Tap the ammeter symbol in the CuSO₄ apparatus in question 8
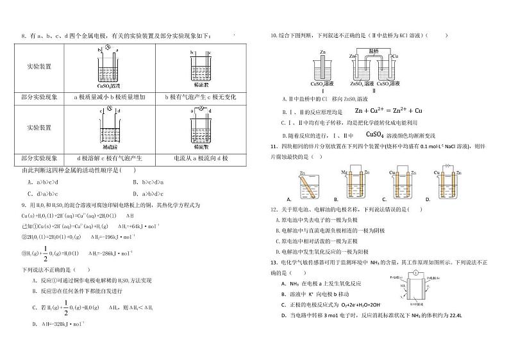[x=108, y=48]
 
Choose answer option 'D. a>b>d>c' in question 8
[x=148, y=192]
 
